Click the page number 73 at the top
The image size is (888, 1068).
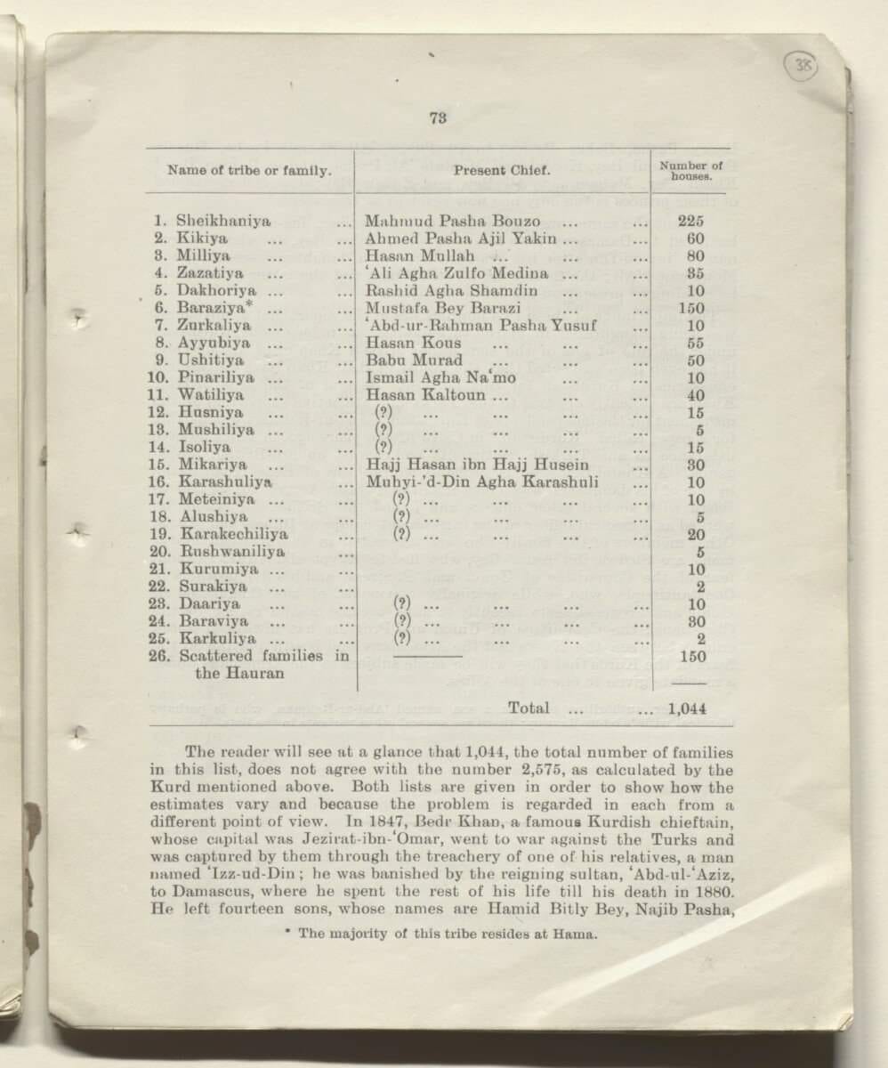click(438, 117)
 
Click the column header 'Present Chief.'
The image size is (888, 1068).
click(502, 170)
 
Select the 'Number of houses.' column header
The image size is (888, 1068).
click(690, 170)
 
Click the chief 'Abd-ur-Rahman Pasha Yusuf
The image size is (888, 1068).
click(481, 325)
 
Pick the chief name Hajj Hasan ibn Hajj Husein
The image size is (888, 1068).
click(477, 465)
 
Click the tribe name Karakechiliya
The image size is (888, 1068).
click(234, 534)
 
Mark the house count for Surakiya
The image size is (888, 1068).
click(700, 587)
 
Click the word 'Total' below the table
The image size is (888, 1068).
click(528, 708)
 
